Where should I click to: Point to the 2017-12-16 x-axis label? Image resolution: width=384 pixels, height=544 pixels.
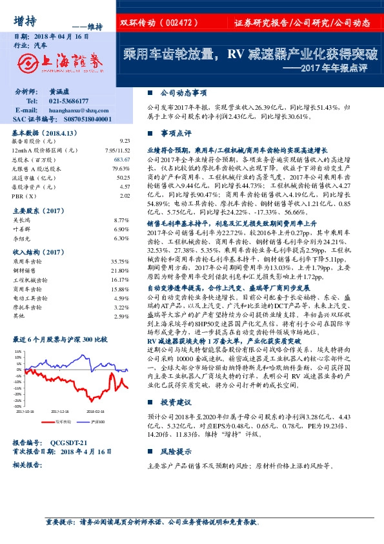tap(59, 411)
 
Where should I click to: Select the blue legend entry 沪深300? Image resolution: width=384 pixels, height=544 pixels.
tap(96, 421)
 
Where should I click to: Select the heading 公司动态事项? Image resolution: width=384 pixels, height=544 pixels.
tap(183, 92)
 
